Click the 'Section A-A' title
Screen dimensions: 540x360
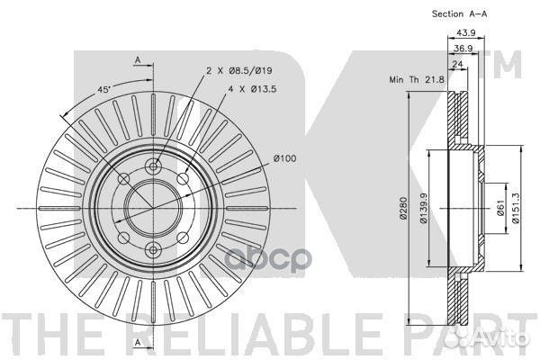459,14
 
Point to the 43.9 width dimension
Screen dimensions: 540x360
466,32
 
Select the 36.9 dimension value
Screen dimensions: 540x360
463,49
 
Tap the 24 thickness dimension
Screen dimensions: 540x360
457,64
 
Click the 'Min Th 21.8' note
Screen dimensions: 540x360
417,79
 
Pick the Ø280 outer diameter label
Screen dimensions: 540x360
403,208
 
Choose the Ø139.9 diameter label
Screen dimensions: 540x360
423,208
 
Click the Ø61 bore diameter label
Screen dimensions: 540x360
500,208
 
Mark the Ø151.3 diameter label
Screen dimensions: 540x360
515,208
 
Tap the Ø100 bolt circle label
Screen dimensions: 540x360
284,158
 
